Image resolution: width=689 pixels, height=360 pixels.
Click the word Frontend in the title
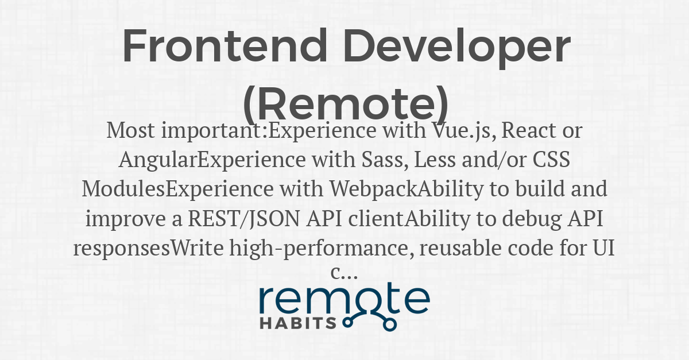pos(225,45)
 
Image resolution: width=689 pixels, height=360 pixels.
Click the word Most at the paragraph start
pos(130,130)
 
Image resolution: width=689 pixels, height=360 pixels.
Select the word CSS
pos(551,160)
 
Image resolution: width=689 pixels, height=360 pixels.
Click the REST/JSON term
pos(243,219)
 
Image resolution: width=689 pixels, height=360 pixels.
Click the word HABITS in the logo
pos(298,323)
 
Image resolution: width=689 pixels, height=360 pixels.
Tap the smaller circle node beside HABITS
pos(347,322)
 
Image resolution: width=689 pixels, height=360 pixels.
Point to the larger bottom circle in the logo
pos(390,324)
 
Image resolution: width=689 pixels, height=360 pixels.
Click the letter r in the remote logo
pos(267,301)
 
